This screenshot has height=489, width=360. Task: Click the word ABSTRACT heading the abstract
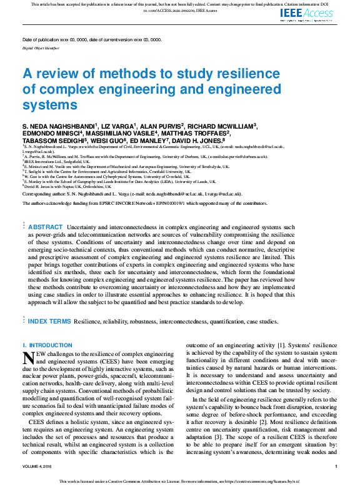pos(46,227)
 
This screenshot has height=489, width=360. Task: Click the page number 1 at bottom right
pos(336,467)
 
